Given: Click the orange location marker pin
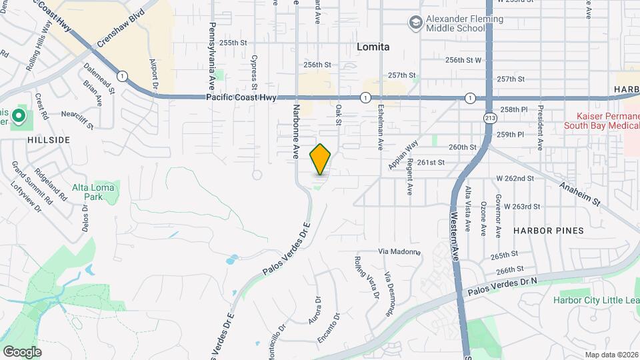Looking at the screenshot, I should tap(321, 159).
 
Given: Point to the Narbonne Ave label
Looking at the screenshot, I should tap(294, 130).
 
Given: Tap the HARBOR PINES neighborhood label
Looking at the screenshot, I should tap(548, 230).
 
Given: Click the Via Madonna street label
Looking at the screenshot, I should tap(399, 251).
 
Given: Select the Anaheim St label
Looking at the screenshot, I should tap(581, 193).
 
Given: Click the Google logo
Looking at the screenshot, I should tap(22, 351).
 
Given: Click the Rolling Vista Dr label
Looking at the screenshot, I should tap(367, 277).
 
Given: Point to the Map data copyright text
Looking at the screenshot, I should tap(611, 355).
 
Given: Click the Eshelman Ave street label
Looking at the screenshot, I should tap(381, 126).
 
